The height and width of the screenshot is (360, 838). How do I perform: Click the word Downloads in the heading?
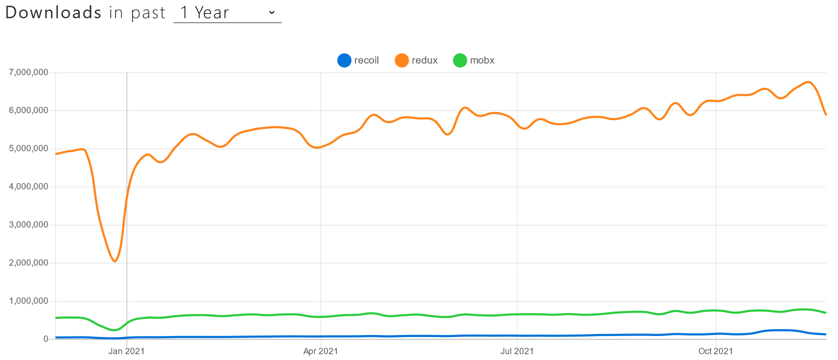point(53,12)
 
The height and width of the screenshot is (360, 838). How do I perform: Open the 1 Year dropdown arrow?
point(272,12)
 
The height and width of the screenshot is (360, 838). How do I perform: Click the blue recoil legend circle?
point(344,60)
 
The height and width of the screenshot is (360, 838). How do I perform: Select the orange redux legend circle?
point(402,60)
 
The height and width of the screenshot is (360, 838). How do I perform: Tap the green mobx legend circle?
point(460,60)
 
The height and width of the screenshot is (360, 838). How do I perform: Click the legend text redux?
point(425,60)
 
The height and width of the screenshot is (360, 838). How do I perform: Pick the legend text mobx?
point(482,60)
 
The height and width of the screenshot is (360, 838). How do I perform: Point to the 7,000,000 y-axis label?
point(29,72)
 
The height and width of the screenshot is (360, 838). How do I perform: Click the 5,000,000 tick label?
point(29,149)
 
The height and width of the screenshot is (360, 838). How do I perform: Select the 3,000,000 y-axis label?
point(29,225)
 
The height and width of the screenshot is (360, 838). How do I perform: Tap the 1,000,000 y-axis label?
point(29,301)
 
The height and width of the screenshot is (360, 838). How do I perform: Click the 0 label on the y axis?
point(46,339)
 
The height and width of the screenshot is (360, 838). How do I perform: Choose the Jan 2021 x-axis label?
point(126,351)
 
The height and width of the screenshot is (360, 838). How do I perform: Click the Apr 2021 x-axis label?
point(321,351)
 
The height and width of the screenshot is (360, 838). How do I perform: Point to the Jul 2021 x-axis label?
point(517,351)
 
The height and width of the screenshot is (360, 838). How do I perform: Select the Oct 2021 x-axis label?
point(715,351)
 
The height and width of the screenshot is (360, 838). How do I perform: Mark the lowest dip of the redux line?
point(115,261)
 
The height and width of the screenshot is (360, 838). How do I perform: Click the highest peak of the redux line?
point(809,82)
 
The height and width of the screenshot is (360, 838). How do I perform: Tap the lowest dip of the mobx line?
point(114,330)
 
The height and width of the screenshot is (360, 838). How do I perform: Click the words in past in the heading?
point(137,12)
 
